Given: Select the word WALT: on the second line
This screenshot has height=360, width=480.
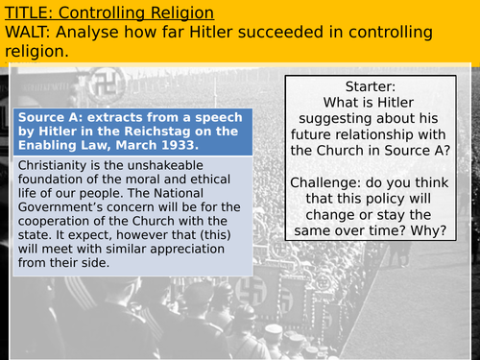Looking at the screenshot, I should tap(30, 33).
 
